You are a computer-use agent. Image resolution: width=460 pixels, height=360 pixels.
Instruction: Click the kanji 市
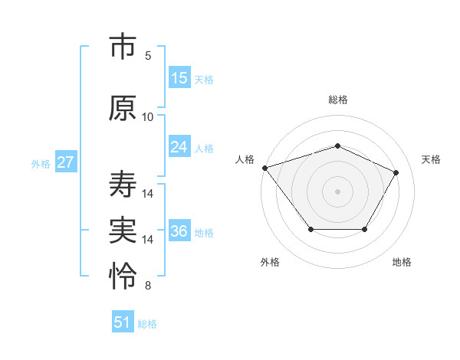point(123,48)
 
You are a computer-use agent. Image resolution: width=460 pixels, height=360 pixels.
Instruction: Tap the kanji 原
point(123,108)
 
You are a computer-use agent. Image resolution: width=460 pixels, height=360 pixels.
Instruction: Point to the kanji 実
point(123,231)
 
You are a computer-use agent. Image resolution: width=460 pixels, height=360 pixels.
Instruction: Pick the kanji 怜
point(123,277)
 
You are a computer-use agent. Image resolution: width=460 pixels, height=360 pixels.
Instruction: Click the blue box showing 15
point(179,78)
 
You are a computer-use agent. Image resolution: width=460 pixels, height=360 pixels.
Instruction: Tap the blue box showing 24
point(179,147)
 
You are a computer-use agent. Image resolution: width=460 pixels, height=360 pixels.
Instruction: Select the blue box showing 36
point(179,231)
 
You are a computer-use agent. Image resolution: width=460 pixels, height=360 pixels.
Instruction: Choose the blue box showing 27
point(66,162)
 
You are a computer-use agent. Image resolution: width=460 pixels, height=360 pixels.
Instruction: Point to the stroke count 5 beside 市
point(148,56)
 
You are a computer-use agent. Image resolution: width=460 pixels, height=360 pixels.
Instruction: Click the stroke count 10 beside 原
point(148,117)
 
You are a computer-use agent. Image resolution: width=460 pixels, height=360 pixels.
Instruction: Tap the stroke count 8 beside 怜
point(148,286)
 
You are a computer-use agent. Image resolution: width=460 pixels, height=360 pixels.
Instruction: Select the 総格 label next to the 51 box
point(147,324)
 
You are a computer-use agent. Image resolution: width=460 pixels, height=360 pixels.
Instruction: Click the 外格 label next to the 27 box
point(41,164)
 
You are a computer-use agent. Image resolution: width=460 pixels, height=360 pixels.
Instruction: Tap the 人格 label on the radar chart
point(245,159)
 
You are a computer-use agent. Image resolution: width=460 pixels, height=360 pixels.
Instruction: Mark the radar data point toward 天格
point(396,173)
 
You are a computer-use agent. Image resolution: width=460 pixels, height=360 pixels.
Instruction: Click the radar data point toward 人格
point(264,168)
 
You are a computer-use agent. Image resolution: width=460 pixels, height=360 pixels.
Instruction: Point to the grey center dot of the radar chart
point(337,191)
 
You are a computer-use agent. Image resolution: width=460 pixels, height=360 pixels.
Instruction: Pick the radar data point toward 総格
point(337,146)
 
